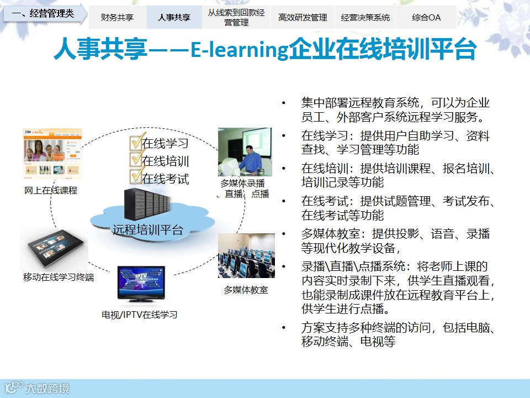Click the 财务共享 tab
point(117,17)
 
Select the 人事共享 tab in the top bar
point(174,17)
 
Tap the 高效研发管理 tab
point(303,17)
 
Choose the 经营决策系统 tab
point(365,17)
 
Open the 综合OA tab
point(426,17)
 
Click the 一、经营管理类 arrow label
point(44,13)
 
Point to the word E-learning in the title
point(239,50)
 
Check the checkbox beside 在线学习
point(136,142)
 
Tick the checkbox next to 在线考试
point(136,177)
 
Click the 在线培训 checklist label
point(165,161)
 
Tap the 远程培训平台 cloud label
point(148,230)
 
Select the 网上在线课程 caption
point(51,191)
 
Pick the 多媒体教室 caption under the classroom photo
point(246,290)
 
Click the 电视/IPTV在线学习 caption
point(139,315)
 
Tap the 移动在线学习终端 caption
point(59,277)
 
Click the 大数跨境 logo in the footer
point(37,388)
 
